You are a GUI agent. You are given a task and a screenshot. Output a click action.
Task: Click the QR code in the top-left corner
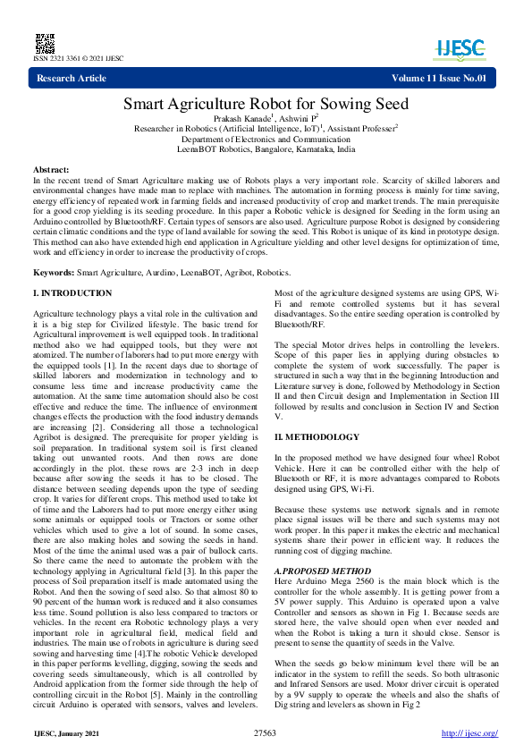coord(43,42)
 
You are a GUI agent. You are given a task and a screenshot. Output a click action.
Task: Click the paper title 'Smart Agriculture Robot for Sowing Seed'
coord(266,105)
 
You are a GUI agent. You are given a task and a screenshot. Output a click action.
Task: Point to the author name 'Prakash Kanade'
coord(241,119)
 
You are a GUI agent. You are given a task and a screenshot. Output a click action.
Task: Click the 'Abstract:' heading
coord(51,169)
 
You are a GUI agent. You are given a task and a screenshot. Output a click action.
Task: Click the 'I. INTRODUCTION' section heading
coord(72,293)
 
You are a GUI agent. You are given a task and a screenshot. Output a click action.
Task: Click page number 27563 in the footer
coord(266,733)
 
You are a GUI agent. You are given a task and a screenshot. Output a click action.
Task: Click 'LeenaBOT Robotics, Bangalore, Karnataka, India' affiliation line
coord(266,150)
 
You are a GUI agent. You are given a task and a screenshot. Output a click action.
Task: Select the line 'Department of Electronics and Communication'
coord(266,140)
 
